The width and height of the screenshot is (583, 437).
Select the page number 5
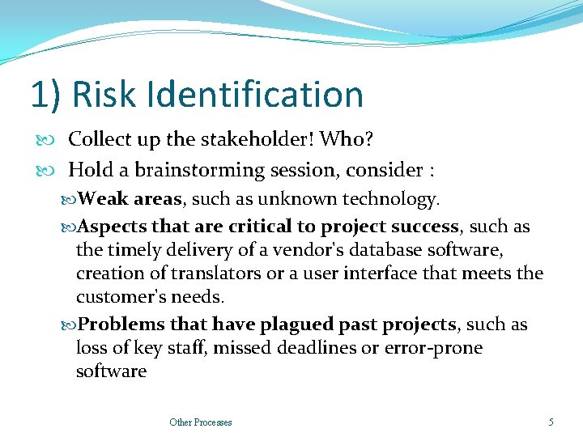[x=551, y=422]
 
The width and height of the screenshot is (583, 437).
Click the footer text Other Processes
[x=201, y=422]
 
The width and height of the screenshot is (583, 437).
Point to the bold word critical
[x=261, y=227]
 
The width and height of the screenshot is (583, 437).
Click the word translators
[x=215, y=274]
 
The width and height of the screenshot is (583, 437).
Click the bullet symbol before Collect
[x=56, y=140]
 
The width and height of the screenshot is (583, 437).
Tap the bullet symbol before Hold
[x=56, y=171]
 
